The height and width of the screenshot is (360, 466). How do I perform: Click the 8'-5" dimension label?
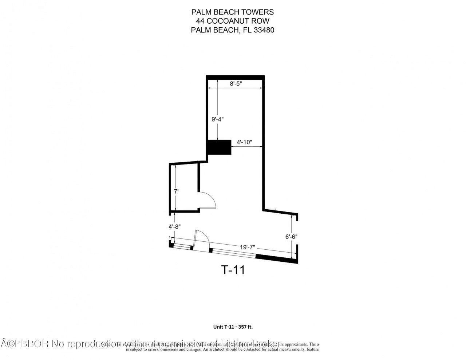click(236, 83)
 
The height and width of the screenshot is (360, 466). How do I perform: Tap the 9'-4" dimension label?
click(217, 119)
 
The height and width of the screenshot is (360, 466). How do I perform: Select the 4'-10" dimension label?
click(244, 142)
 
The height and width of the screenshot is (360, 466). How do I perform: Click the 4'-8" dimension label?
click(175, 226)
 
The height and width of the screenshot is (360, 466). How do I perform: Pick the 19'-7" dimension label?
click(248, 247)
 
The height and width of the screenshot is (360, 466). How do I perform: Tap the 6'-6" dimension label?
click(291, 236)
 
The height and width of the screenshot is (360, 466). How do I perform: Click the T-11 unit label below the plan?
click(233, 270)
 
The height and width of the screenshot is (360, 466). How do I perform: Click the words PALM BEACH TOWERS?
click(233, 12)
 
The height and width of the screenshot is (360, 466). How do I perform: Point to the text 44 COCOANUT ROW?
click(233, 21)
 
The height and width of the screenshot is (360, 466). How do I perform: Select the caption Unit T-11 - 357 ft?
click(233, 327)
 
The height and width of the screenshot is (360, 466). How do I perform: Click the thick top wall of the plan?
click(235, 77)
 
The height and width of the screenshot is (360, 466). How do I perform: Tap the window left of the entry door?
click(182, 247)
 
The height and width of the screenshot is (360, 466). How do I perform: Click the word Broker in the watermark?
click(269, 343)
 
